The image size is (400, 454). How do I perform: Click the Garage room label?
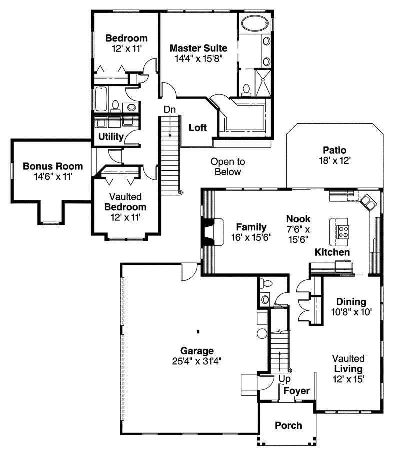pyautogui.click(x=197, y=351)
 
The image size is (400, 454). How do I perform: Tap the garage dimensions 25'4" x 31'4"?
pyautogui.click(x=197, y=361)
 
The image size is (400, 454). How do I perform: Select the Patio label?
pyautogui.click(x=334, y=150)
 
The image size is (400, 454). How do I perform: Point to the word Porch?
pyautogui.click(x=288, y=425)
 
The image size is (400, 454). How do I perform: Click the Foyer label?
pyautogui.click(x=297, y=391)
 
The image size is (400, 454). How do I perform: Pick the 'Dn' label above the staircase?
pyautogui.click(x=169, y=109)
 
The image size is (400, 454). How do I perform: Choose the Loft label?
pyautogui.click(x=197, y=127)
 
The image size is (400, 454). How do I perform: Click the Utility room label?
pyautogui.click(x=111, y=136)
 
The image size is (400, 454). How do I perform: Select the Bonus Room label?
pyautogui.click(x=53, y=166)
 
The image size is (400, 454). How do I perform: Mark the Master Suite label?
pyautogui.click(x=198, y=48)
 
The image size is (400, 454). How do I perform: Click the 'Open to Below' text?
pyautogui.click(x=228, y=167)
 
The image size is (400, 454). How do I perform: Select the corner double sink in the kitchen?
pyautogui.click(x=369, y=202)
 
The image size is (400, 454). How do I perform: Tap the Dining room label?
pyautogui.click(x=351, y=302)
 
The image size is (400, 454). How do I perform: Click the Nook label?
pyautogui.click(x=298, y=219)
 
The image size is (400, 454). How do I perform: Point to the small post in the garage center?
pyautogui.click(x=198, y=331)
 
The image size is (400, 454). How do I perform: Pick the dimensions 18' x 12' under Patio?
pyautogui.click(x=334, y=160)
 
